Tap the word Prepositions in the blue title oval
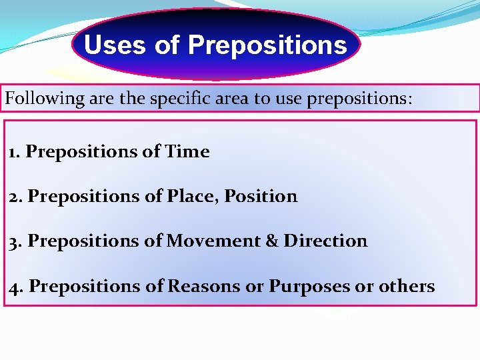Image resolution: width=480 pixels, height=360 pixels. click(267, 45)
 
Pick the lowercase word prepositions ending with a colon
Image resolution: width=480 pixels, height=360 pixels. click(356, 99)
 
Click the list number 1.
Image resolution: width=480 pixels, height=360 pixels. click(13, 152)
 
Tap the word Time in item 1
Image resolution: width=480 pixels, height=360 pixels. click(189, 152)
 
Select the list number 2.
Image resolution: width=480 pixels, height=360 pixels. click(15, 197)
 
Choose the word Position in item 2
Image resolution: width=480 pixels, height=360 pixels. click(261, 197)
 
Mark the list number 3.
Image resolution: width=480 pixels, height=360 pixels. click(15, 241)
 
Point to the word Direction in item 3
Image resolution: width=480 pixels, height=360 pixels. click(325, 241)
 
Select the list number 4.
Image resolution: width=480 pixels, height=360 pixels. click(16, 286)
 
